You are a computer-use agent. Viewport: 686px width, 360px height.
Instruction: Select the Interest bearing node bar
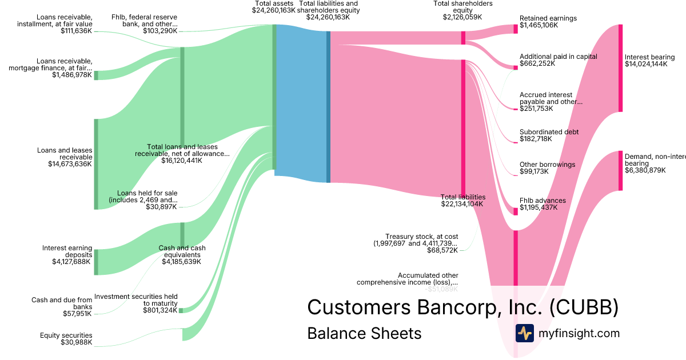pyautogui.click(x=620, y=68)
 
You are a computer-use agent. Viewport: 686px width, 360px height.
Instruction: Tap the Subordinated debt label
pyautogui.click(x=549, y=132)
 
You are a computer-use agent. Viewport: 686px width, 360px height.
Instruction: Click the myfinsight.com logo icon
pyautogui.click(x=524, y=333)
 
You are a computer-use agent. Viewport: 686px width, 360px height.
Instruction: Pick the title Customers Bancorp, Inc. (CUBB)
pyautogui.click(x=462, y=307)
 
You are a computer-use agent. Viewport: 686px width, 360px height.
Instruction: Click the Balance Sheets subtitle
pyautogui.click(x=364, y=333)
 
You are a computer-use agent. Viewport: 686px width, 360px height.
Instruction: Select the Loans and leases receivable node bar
pyautogui.click(x=96, y=164)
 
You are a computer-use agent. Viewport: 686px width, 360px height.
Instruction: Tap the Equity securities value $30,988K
pyautogui.click(x=76, y=342)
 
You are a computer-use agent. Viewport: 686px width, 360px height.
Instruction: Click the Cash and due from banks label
pyautogui.click(x=62, y=303)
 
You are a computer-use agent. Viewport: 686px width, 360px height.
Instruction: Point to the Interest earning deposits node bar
pyautogui.click(x=96, y=262)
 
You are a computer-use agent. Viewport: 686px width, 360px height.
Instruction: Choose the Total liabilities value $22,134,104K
pyautogui.click(x=462, y=204)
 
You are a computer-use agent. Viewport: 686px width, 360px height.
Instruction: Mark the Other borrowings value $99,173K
pyautogui.click(x=534, y=171)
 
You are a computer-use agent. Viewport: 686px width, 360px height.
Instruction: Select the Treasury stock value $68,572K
pyautogui.click(x=442, y=250)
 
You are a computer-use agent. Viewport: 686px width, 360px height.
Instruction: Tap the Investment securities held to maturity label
pyautogui.click(x=136, y=299)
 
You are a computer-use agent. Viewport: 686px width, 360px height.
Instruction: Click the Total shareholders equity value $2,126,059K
pyautogui.click(x=462, y=17)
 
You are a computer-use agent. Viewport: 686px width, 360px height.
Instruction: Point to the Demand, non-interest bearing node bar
pyautogui.click(x=620, y=171)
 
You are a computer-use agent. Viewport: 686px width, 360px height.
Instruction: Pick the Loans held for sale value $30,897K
pyautogui.click(x=161, y=207)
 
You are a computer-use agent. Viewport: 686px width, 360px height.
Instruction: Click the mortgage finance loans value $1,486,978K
pyautogui.click(x=71, y=75)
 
